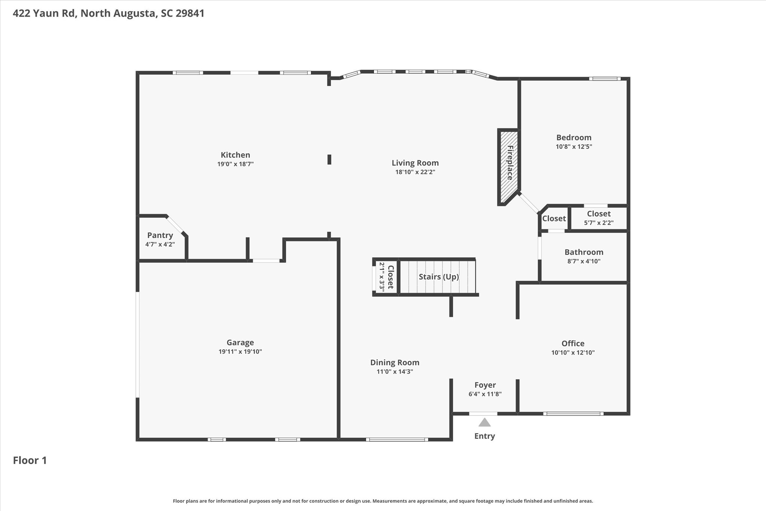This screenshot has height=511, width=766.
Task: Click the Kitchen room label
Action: tap(235, 155)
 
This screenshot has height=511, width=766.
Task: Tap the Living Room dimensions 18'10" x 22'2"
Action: tap(415, 172)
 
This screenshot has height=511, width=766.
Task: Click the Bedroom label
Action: tap(574, 137)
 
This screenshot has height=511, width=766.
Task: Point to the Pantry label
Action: tap(160, 235)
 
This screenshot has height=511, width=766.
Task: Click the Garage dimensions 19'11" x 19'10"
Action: tap(240, 352)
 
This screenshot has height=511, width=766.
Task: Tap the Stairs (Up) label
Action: tap(438, 277)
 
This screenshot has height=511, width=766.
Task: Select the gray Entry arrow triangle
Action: tap(484, 423)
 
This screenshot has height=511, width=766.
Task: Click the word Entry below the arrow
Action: tap(484, 436)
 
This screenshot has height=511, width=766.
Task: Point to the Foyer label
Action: tap(485, 385)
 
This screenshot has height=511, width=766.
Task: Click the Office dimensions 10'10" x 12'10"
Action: tap(573, 353)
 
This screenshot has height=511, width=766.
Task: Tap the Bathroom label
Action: tap(584, 252)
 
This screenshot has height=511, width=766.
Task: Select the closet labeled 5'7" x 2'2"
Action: tap(598, 218)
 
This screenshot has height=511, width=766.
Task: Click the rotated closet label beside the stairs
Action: tap(390, 277)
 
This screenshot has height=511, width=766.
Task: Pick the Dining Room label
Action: tap(395, 363)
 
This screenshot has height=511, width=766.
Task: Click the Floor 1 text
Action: tap(30, 460)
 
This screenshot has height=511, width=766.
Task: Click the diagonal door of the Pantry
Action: tap(175, 225)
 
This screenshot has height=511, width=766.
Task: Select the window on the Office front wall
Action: tap(573, 414)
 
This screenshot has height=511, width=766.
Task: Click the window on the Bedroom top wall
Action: tap(604, 79)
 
